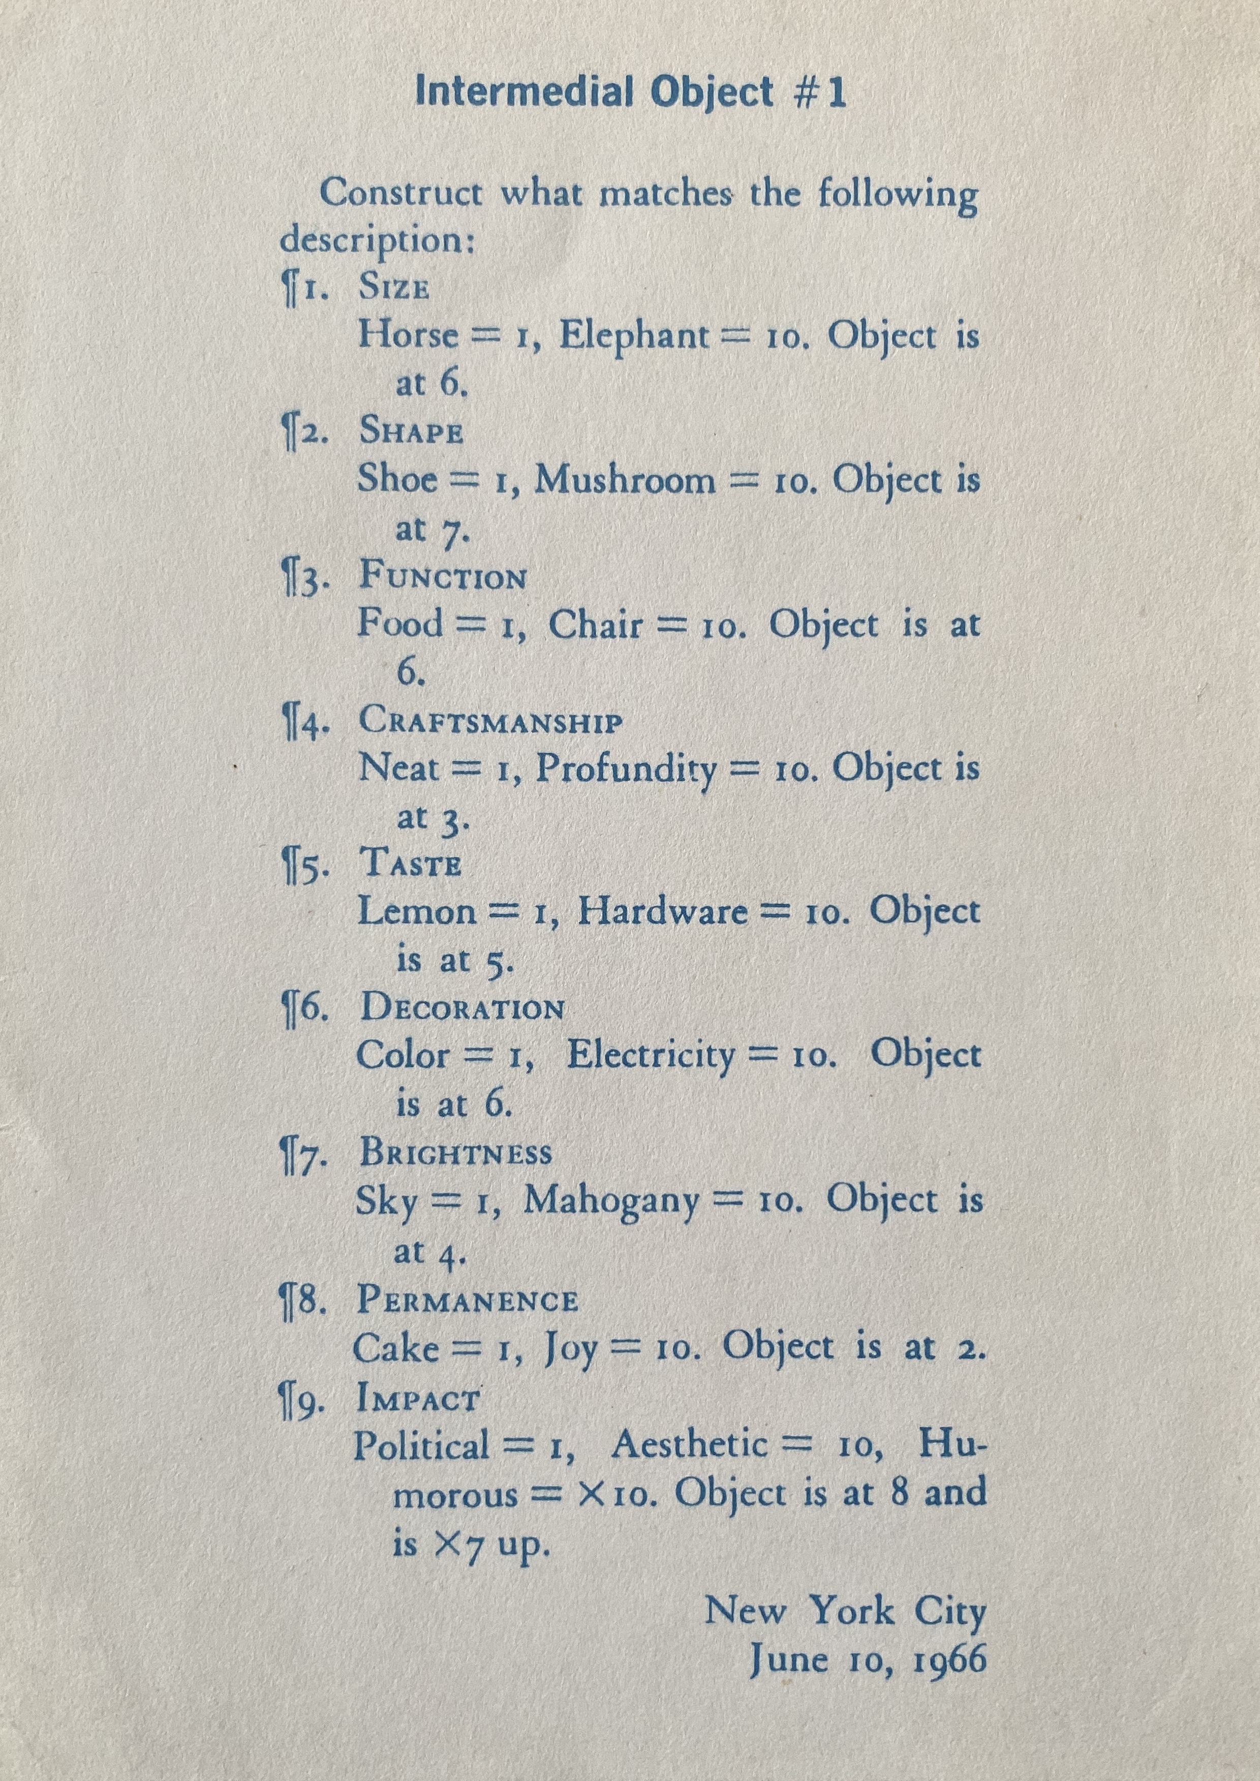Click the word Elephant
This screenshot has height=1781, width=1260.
pos(634,336)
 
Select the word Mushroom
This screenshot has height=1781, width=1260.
pos(625,481)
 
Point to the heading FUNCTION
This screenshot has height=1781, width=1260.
pos(443,578)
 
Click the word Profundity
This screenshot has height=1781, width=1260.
pos(626,769)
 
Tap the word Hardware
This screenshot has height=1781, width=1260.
pos(663,911)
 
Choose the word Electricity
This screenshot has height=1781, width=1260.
pos(650,1055)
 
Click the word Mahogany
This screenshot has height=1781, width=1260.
pos(611,1201)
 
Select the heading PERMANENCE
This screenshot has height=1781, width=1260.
pos(468,1301)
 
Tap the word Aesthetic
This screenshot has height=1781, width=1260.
pos(689,1445)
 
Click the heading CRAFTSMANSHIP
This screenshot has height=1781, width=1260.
pos(490,722)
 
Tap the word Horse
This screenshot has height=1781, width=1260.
pos(408,336)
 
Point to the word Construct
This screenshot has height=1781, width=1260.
pos(402,193)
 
